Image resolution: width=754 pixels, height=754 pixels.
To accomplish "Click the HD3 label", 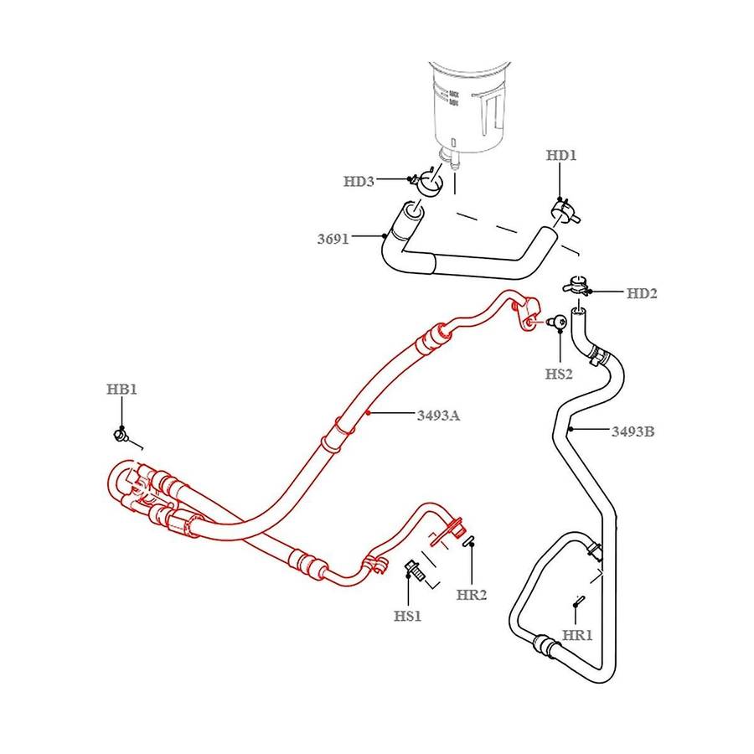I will point(359,181).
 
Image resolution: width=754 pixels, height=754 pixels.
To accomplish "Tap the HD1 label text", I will point(561,155).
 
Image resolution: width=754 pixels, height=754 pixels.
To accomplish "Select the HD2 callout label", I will point(642,293).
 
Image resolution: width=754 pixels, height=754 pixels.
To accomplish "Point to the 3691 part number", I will point(333,239).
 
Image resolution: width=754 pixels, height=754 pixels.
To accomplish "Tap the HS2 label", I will point(559,374).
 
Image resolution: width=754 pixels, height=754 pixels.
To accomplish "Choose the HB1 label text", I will point(121,390).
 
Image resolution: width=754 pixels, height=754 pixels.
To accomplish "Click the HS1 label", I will point(407,617).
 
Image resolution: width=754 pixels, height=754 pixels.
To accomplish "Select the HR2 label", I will point(473,595).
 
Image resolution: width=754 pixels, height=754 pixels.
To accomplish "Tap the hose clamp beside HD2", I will point(578,286).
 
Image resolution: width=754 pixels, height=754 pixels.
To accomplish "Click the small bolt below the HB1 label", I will point(121,434).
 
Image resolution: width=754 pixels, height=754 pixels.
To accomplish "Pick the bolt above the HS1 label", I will point(412,571).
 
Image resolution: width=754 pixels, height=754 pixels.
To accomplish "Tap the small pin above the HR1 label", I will point(578,601).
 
